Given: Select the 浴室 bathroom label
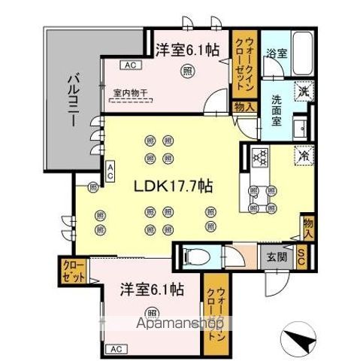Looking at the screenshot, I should [275, 53].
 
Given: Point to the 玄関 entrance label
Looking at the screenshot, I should [275, 256].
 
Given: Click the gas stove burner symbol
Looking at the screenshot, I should [261, 158].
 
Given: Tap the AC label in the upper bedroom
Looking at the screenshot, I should [130, 65].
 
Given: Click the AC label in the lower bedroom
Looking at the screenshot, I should [115, 348].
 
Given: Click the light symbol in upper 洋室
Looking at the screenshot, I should [186, 71].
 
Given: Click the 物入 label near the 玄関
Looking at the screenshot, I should [307, 227].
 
